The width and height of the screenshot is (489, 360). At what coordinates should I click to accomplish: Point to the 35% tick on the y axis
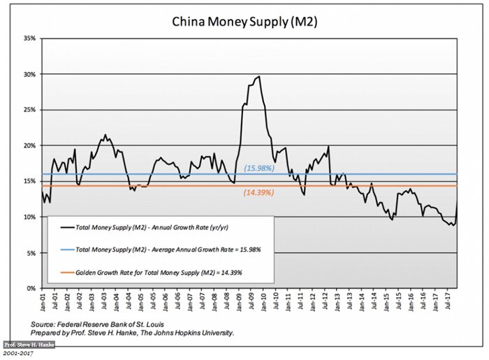point(30,38)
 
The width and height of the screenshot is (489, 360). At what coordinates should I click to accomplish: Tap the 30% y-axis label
point(30,74)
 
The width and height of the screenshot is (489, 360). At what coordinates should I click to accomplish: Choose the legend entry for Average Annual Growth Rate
point(167,249)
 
